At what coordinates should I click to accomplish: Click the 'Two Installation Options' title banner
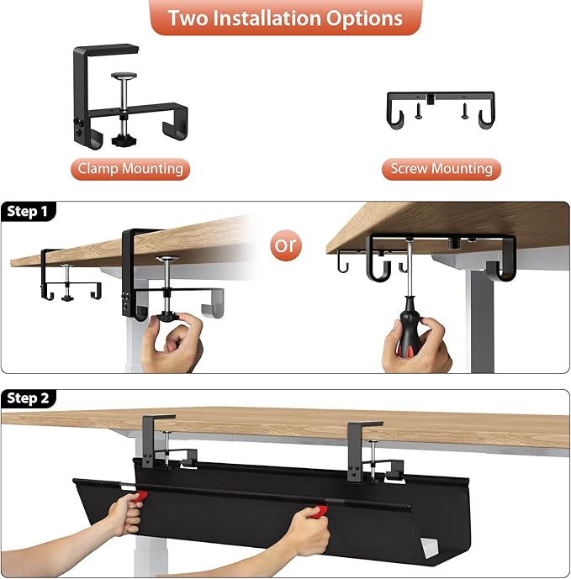(x=285, y=18)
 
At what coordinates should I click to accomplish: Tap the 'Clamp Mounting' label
(x=130, y=169)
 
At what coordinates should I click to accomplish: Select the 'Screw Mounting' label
(x=441, y=169)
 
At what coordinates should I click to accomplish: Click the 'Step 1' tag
(x=28, y=212)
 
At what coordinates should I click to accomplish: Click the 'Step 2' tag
(x=28, y=398)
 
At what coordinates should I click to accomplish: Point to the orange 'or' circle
(x=286, y=245)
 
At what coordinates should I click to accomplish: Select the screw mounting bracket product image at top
(x=440, y=110)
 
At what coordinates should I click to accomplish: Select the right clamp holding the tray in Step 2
(x=363, y=450)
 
